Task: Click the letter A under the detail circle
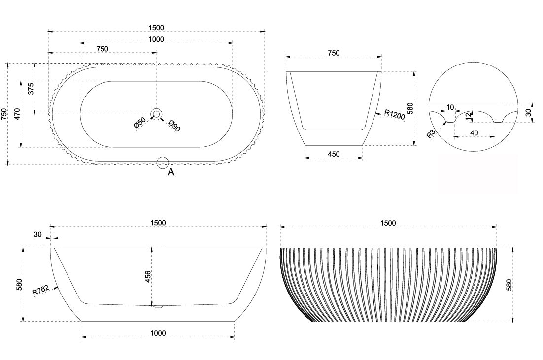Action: coord(170,172)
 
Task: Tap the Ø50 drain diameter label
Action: coord(140,123)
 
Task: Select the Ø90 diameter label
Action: coord(174,125)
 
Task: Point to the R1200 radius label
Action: coord(394,114)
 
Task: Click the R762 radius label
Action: coord(41,291)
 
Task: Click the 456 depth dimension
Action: coord(148,277)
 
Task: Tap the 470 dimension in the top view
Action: coord(17,114)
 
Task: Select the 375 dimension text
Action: coord(31,89)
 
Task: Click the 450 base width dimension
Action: coord(334,154)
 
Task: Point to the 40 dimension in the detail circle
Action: coord(474,133)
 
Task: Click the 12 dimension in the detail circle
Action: coord(469,116)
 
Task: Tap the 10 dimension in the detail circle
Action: coord(450,107)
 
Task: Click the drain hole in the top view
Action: coord(157,114)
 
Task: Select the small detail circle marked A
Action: coord(163,163)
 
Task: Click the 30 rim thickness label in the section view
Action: coord(38,235)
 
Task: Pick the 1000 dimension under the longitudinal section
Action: coord(158,333)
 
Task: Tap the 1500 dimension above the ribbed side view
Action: coord(388,223)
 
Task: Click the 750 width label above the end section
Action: coord(334,53)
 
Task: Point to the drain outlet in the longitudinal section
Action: coord(158,307)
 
